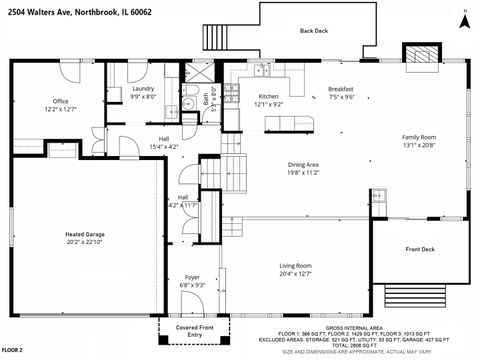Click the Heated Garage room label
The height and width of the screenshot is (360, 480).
point(85,234)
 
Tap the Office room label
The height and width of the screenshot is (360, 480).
point(60,101)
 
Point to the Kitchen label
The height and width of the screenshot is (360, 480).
point(269,96)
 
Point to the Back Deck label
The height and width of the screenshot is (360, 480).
point(313,31)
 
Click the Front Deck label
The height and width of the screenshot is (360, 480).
point(419,249)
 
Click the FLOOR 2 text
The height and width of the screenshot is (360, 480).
point(13,351)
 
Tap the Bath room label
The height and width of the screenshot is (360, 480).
point(206,98)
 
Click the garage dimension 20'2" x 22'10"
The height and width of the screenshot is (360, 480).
point(85,241)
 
